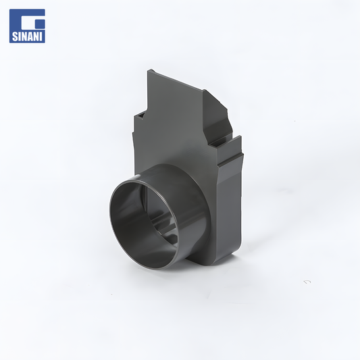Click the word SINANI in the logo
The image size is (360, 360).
[x=27, y=36]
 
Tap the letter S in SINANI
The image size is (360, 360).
[x=14, y=36]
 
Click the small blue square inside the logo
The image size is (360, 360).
[x=41, y=24]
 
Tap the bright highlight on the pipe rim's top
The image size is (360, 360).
[x=137, y=177]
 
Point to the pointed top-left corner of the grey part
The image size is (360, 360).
[x=149, y=70]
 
